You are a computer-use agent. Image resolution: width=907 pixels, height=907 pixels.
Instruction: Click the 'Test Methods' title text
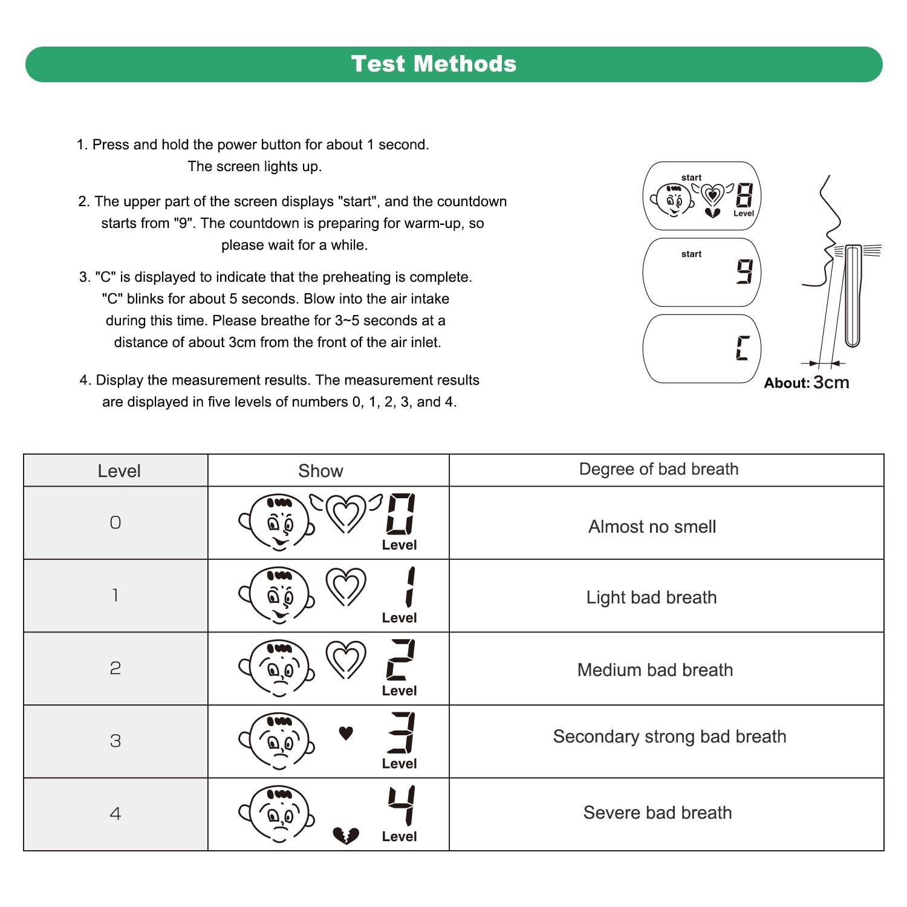pos(434,64)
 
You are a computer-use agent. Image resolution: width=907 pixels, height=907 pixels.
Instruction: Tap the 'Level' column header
pos(119,471)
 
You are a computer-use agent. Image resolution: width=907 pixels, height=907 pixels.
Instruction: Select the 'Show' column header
pos(320,471)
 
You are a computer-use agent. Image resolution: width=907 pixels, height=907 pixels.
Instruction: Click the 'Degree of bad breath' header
pos(658,469)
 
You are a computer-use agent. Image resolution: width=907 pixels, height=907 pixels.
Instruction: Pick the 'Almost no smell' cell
pos(652,527)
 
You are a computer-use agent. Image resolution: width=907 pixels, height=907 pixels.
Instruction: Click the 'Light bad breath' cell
pos(651,597)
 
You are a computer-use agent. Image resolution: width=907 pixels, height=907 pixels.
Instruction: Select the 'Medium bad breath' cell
pos(655,670)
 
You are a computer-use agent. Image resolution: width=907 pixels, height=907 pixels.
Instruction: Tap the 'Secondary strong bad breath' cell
pos(669,736)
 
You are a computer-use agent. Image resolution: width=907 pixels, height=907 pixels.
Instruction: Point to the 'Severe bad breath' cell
pos(657,813)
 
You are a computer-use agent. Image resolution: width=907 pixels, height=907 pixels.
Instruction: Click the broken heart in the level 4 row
pos(346,836)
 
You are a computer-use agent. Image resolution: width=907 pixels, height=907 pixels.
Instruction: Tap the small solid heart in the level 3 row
pos(346,733)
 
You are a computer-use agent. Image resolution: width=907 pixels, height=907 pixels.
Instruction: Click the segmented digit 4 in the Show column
pos(401,805)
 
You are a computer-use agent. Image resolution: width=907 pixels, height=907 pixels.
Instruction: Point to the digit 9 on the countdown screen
pos(744,271)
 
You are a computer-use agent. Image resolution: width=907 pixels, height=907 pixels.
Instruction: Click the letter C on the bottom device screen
pos(743,348)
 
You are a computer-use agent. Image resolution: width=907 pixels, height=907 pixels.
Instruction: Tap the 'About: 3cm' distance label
pos(806,383)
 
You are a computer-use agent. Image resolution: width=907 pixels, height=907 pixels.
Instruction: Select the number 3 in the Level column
pos(115,741)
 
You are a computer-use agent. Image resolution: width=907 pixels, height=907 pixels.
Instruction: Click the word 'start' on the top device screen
pos(691,178)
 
